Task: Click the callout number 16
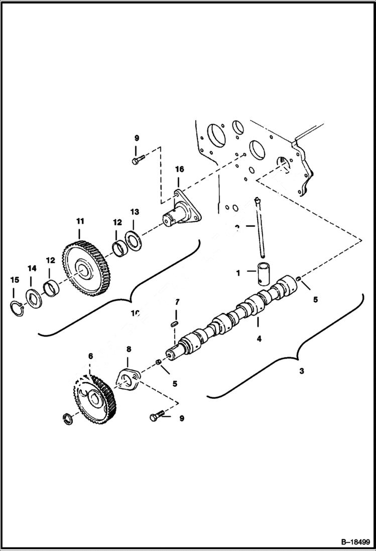pyautogui.click(x=179, y=170)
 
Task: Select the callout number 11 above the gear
pyautogui.click(x=80, y=221)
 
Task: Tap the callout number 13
pyautogui.click(x=135, y=211)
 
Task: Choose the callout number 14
pyautogui.click(x=32, y=269)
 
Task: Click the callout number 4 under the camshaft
pyautogui.click(x=259, y=339)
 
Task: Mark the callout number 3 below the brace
pyautogui.click(x=302, y=372)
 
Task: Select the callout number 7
pyautogui.click(x=177, y=302)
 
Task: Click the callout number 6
pyautogui.click(x=90, y=356)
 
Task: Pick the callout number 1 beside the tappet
pyautogui.click(x=238, y=273)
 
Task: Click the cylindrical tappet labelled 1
pyautogui.click(x=265, y=272)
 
